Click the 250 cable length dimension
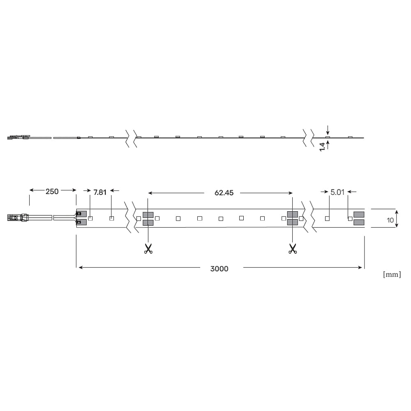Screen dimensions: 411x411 pyautogui.click(x=52, y=192)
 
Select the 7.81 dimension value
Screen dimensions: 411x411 pyautogui.click(x=100, y=192)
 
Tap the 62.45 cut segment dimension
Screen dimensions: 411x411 pyautogui.click(x=224, y=193)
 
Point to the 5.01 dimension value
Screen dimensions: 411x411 pyautogui.click(x=337, y=192)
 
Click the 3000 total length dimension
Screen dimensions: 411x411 pyautogui.click(x=219, y=269)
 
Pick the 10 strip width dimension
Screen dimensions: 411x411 pyautogui.click(x=390, y=220)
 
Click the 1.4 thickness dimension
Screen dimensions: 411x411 pyautogui.click(x=322, y=147)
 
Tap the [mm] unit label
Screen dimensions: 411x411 pyautogui.click(x=392, y=275)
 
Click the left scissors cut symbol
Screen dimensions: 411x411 pyautogui.click(x=148, y=249)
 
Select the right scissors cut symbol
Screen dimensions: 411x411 pyautogui.click(x=293, y=249)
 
